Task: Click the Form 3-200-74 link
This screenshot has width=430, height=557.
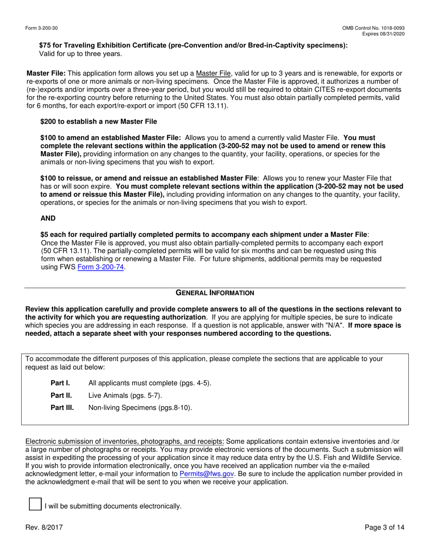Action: [x=101, y=267]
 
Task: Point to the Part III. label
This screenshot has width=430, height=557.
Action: [x=62, y=408]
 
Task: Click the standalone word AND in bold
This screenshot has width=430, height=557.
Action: [x=48, y=218]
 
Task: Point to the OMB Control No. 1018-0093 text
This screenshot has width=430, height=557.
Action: [x=373, y=28]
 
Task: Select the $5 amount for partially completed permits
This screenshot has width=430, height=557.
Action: [x=44, y=235]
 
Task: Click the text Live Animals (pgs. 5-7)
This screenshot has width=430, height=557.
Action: [x=125, y=395]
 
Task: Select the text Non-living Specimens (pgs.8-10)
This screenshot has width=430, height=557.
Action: [x=140, y=408]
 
